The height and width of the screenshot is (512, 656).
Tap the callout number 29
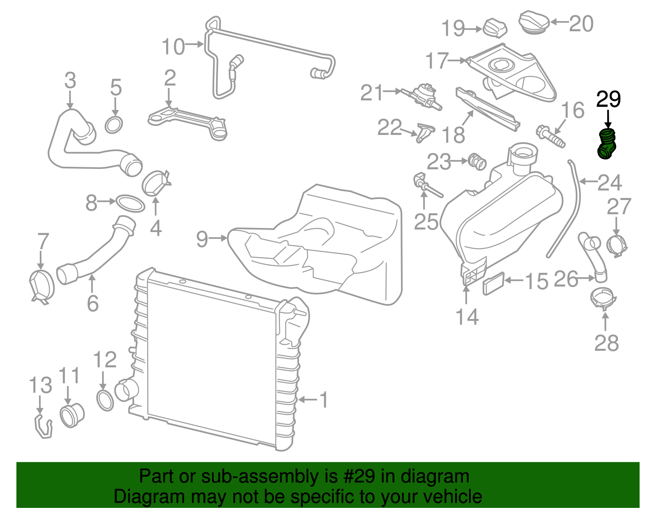click(608, 99)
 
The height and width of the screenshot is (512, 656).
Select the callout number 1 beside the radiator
click(324, 400)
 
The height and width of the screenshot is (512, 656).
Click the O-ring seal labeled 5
click(114, 125)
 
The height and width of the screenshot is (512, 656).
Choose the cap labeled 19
click(495, 27)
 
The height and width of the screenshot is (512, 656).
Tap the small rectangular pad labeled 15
click(493, 283)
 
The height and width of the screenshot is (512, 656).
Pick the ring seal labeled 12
click(105, 400)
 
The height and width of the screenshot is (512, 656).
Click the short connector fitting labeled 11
click(72, 415)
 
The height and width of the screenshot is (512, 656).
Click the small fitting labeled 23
click(477, 162)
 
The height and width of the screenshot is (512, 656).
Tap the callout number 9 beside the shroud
click(202, 239)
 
